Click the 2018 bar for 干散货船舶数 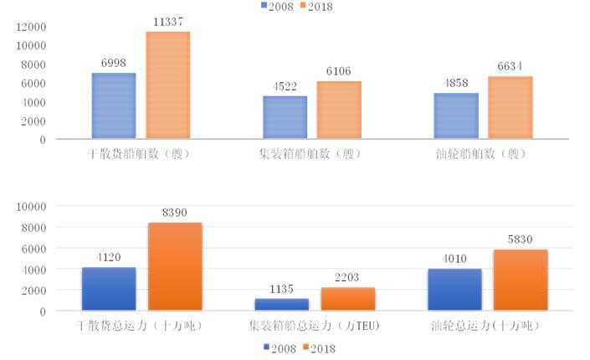pos(167,85)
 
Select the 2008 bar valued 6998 pos(114,105)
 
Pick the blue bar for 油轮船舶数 pos(456,116)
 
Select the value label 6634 pos(510,67)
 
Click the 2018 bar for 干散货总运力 pos(175,266)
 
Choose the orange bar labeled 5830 pos(521,280)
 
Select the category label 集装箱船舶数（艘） pos(311,155)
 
